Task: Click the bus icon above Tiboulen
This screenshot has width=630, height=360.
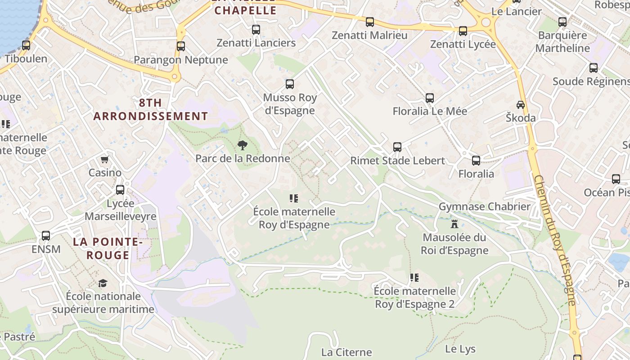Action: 26,45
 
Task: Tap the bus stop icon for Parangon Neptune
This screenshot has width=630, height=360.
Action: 181,46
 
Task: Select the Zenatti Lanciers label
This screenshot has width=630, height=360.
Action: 256,43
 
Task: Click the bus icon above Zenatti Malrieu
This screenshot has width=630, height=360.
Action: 370,22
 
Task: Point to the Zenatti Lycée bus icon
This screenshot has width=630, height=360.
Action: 463,31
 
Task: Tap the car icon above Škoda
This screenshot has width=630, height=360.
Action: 521,104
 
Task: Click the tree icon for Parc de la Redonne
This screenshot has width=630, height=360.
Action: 243,145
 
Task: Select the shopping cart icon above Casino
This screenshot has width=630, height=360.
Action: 105,159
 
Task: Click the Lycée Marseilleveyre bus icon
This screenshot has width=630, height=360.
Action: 120,189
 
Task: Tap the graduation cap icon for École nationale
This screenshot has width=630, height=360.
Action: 103,283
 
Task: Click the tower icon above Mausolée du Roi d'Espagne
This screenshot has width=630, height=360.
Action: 454,224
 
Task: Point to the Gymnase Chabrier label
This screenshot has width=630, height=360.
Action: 485,207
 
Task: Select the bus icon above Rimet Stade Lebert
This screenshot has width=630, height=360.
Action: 397,147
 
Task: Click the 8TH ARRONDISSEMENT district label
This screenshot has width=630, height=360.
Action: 151,109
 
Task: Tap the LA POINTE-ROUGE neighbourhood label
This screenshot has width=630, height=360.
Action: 108,248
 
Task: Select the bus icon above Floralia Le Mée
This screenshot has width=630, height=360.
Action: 430,98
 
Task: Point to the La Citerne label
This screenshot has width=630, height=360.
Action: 346,352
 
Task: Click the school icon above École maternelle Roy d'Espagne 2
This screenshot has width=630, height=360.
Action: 414,278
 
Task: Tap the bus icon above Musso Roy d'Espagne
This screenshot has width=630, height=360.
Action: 290,84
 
